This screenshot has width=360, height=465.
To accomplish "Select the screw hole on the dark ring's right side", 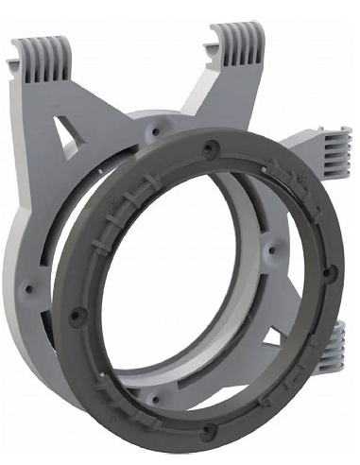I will pyautogui.click(x=327, y=274).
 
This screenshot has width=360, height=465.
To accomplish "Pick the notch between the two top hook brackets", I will pyautogui.click(x=142, y=90).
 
